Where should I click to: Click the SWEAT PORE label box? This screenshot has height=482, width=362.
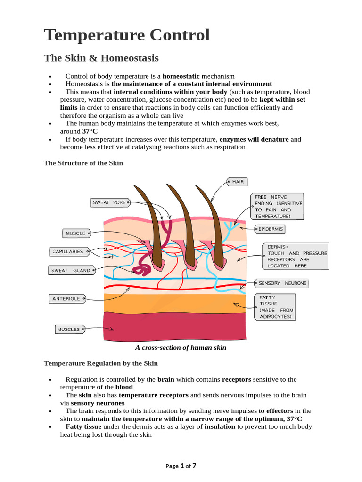[x=109, y=202]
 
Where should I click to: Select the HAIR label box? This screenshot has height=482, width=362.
[x=237, y=181]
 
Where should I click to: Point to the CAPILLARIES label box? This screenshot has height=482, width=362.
[x=68, y=251]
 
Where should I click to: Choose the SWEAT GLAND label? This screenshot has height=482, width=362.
[x=70, y=270]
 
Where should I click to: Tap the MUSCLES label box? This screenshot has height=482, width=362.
[x=69, y=329]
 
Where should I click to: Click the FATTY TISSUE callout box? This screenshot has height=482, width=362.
[x=275, y=307]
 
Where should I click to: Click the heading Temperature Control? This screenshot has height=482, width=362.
[x=127, y=35]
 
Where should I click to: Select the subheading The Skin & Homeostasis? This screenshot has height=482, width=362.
[x=101, y=58]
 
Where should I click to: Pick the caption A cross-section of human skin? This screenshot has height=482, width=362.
[x=181, y=348]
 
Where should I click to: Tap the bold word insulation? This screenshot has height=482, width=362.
[x=220, y=427]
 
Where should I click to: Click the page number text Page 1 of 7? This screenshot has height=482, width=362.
[x=181, y=466]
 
